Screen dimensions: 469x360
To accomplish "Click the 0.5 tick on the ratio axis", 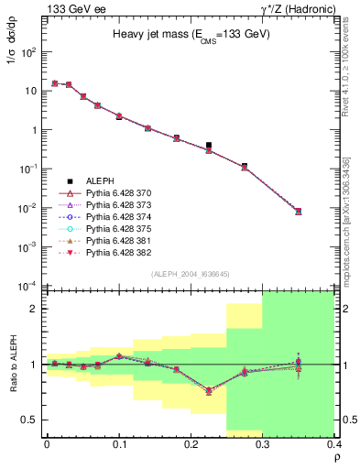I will [x=29, y=420].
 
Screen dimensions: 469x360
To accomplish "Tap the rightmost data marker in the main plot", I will [x=298, y=212].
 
